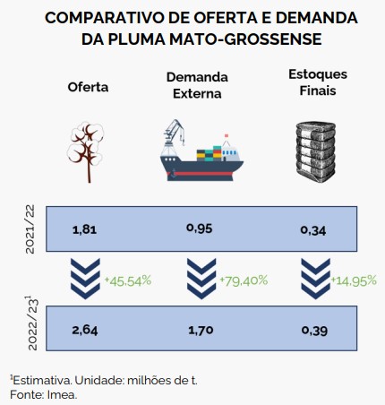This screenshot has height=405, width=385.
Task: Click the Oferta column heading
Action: [x=88, y=87]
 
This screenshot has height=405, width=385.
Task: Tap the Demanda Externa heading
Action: [x=197, y=85]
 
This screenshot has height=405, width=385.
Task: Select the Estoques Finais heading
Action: [x=318, y=82]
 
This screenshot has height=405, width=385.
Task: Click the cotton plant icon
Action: [x=85, y=151]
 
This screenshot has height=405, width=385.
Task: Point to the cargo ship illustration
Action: [x=201, y=151]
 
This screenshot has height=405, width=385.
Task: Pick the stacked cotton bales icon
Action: [x=316, y=151]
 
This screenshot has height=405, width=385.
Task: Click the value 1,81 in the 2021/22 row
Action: [x=85, y=229]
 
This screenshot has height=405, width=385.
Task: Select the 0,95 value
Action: [x=200, y=228]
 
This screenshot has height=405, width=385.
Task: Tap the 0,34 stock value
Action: [x=313, y=230]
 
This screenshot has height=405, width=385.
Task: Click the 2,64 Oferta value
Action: [x=85, y=330]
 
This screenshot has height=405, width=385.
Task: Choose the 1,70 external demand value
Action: [x=201, y=330]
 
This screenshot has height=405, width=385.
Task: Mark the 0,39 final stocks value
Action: [x=314, y=331]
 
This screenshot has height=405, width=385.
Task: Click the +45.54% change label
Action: [x=128, y=280]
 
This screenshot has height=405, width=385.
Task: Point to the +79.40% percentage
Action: [x=244, y=280]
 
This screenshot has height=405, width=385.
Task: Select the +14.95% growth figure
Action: [x=354, y=280]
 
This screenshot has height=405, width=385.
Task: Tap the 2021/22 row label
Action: [x=30, y=229]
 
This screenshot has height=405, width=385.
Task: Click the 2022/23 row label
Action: [x=31, y=323]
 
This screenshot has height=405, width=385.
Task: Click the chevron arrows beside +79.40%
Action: [x=201, y=279]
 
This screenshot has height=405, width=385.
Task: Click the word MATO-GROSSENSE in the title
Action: [x=245, y=39]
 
